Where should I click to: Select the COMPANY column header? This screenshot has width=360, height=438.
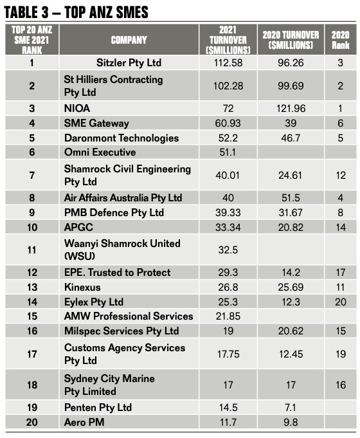click(x=129, y=40)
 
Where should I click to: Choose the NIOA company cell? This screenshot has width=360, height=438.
click(x=78, y=109)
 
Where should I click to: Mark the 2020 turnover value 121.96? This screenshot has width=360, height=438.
click(x=292, y=109)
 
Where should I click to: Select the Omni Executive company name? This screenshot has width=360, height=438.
click(x=100, y=152)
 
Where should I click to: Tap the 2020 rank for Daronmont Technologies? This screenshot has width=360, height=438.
click(x=340, y=138)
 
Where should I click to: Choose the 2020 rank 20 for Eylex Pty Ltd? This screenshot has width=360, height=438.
click(x=340, y=302)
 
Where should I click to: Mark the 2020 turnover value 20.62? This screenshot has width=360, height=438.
click(x=292, y=331)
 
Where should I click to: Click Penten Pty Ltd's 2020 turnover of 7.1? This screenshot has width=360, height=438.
click(x=292, y=408)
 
